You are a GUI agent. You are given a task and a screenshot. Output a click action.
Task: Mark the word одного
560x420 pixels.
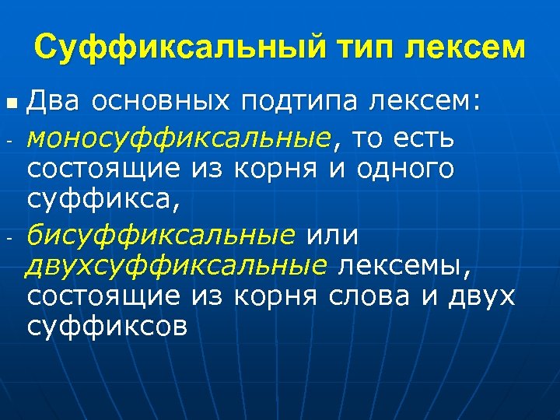(405, 170)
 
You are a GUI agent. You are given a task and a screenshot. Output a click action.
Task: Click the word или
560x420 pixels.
(334, 234)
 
